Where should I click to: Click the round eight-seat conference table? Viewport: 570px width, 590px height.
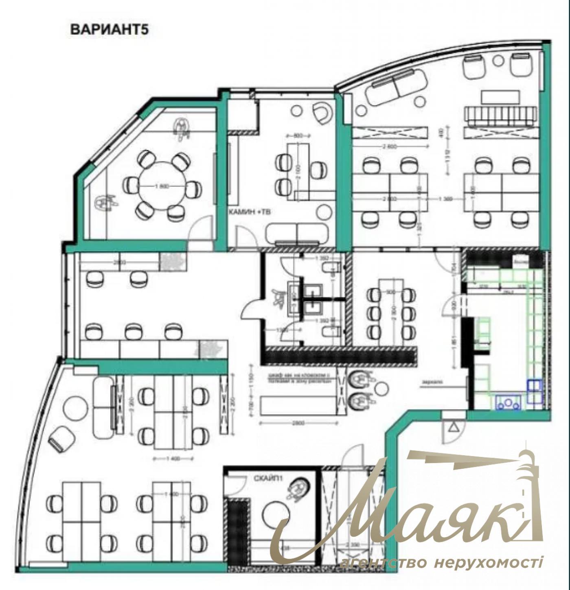click(162, 186)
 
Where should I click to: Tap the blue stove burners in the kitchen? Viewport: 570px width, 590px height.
click(508, 403)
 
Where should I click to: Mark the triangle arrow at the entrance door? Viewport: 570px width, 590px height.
click(454, 428)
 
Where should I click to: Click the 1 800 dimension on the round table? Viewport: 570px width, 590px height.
click(162, 186)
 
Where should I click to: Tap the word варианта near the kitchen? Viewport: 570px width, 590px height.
click(432, 382)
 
